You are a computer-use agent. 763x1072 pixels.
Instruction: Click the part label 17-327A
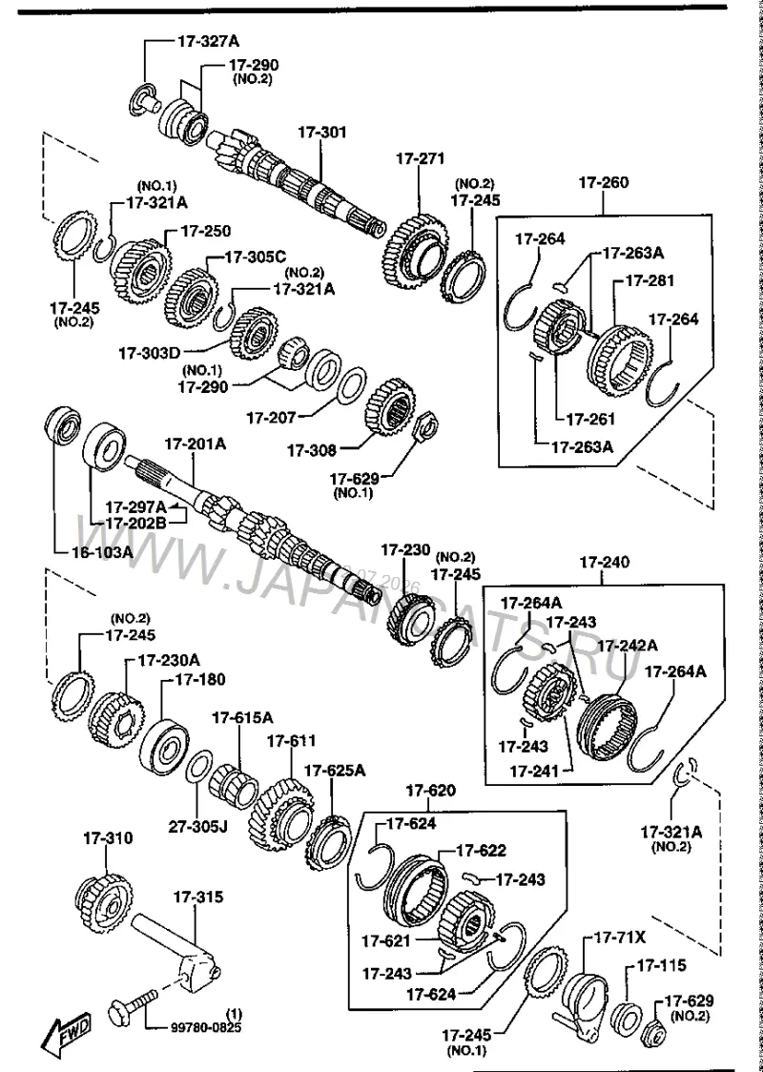point(209,41)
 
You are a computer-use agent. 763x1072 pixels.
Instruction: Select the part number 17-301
point(321,132)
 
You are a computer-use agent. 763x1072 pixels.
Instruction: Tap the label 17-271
point(420,158)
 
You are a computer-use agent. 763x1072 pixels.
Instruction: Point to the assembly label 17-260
point(604,182)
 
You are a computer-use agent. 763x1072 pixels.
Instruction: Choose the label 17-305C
point(256,258)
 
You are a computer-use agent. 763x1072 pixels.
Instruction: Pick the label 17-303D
point(150,353)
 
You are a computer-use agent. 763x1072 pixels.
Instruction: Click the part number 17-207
point(271,416)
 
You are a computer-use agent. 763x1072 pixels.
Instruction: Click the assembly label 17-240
point(604,562)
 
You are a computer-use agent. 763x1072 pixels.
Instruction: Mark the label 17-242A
point(628,645)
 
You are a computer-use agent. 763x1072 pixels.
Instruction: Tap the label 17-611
point(291,740)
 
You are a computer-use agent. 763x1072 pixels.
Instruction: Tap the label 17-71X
point(619,938)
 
